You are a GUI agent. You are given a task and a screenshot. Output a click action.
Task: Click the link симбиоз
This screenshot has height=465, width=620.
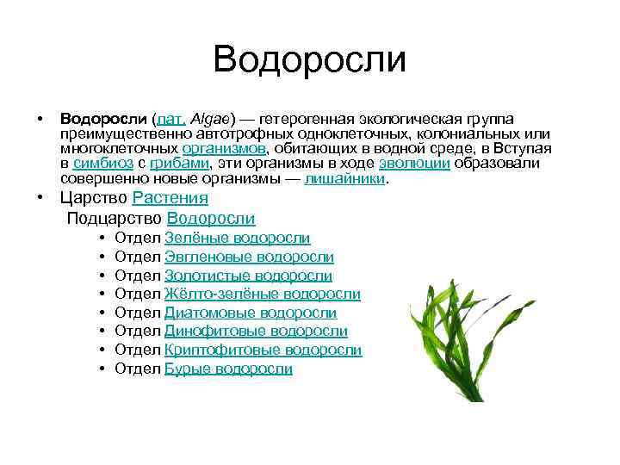[x=102, y=164]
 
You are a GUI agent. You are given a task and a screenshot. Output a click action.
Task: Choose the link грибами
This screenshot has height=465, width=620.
[x=179, y=164]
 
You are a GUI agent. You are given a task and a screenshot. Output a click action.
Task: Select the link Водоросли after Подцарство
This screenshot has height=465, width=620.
[x=211, y=219]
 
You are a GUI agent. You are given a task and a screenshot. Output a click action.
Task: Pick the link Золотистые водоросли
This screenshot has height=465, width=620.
[x=248, y=276]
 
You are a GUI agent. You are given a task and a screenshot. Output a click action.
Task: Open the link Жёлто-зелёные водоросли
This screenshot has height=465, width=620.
[x=262, y=294]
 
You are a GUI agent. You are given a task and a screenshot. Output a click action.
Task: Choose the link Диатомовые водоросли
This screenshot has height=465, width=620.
[x=250, y=313]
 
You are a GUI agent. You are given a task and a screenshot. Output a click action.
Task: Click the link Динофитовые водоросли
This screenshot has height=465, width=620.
[x=256, y=332]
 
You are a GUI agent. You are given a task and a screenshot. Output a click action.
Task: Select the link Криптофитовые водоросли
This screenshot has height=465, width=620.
[x=263, y=350]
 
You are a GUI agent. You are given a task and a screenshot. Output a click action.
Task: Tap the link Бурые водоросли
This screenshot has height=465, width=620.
[x=228, y=369]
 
